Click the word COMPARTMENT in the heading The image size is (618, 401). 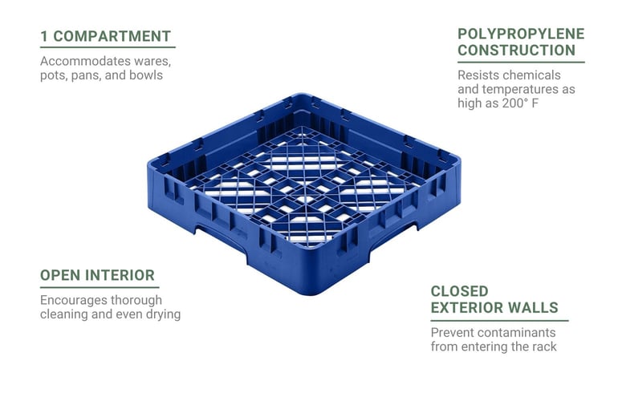[x=112, y=36]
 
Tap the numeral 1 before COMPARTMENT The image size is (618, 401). [x=44, y=36]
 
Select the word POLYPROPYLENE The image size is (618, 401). [x=521, y=34]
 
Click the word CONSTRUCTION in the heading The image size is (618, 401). [x=517, y=51]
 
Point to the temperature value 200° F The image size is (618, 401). [x=520, y=103]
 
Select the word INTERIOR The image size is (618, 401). [x=120, y=275]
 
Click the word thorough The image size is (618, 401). [x=136, y=300]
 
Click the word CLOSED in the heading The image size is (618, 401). [x=460, y=291]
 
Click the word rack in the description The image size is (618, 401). [x=544, y=347]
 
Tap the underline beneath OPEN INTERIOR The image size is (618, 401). [x=100, y=288]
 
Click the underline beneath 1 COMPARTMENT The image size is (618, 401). [x=108, y=47]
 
